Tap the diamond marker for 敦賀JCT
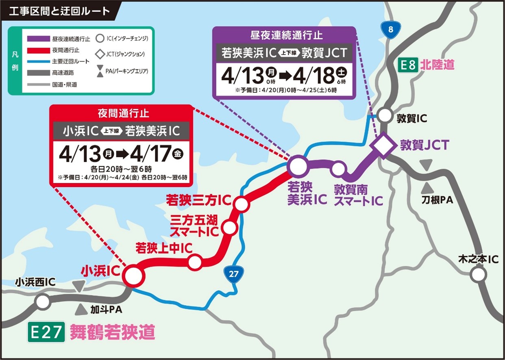point(382,145)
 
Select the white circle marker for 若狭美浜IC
point(297,166)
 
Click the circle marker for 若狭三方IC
point(242,204)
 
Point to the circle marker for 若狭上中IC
point(195,262)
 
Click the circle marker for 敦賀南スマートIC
point(338,169)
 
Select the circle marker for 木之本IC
point(478,275)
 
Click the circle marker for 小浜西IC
point(42,302)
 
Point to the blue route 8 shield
point(390,30)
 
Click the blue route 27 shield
point(233,274)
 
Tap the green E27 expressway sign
point(46,333)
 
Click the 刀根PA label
point(437,200)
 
